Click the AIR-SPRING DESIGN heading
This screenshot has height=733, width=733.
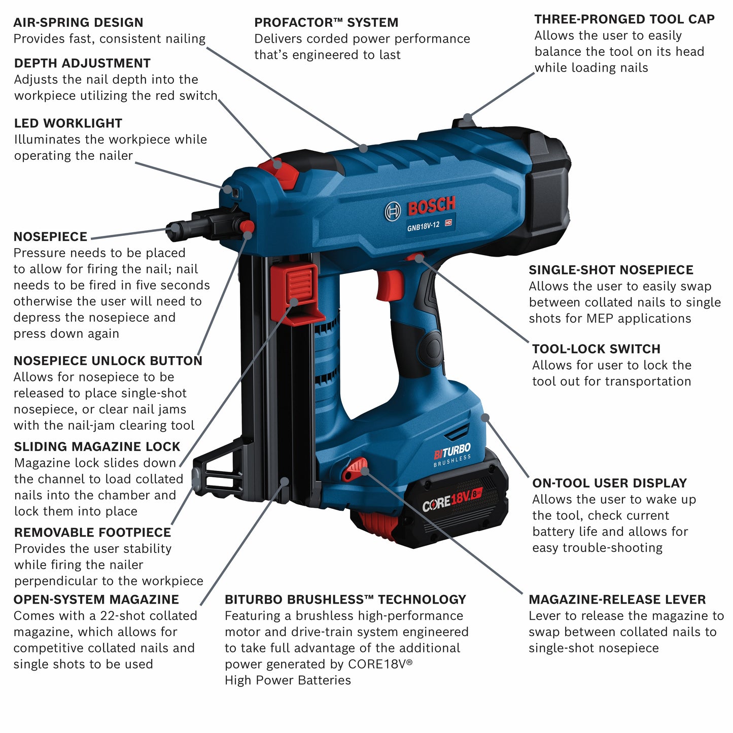pyautogui.click(x=78, y=22)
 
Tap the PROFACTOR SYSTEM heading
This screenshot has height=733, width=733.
pyautogui.click(x=326, y=22)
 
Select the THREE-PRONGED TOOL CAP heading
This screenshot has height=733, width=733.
pyautogui.click(x=624, y=19)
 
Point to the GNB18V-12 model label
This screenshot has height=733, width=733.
pyautogui.click(x=424, y=226)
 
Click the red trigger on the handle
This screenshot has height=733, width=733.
pyautogui.click(x=389, y=285)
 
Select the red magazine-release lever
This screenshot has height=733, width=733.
pyautogui.click(x=355, y=469)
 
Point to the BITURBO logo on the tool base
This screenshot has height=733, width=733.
pyautogui.click(x=452, y=450)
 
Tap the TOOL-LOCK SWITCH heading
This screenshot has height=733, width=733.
pyautogui.click(x=596, y=349)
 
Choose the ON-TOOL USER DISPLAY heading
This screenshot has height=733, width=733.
pyautogui.click(x=609, y=483)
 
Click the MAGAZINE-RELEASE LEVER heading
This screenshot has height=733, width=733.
pyautogui.click(x=617, y=600)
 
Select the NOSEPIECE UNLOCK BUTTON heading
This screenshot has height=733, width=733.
pyautogui.click(x=108, y=361)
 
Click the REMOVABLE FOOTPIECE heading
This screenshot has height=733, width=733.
pyautogui.click(x=92, y=532)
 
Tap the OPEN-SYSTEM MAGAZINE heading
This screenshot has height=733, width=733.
pyautogui.click(x=96, y=600)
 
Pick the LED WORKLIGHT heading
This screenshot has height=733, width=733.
pyautogui.click(x=68, y=123)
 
